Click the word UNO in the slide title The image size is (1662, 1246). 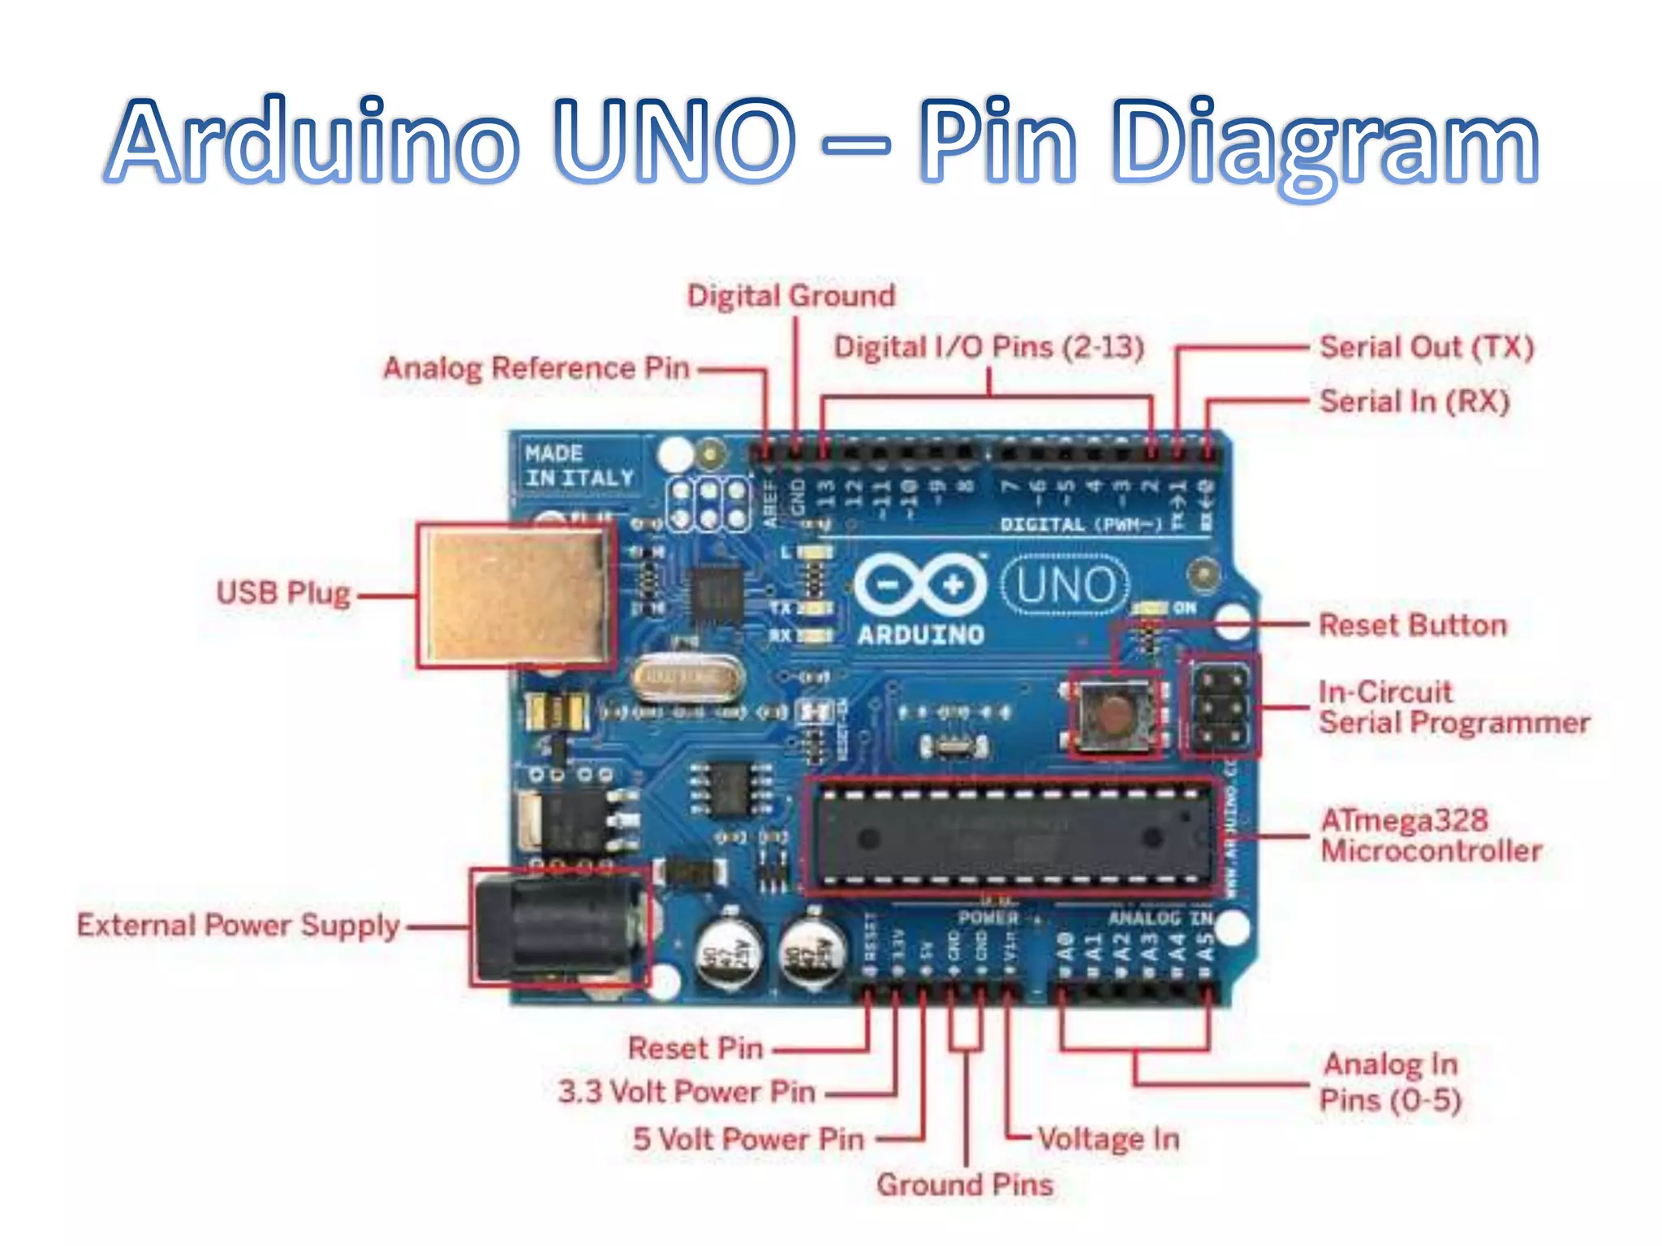tap(674, 140)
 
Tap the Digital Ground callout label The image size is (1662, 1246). tap(791, 296)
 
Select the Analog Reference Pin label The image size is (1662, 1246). tap(536, 368)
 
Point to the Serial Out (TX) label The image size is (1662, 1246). tap(1427, 347)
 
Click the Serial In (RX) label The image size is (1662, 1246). tap(1414, 402)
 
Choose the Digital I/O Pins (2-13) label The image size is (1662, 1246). tap(989, 347)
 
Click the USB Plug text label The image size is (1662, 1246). tap(283, 593)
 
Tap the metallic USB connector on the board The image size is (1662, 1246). tap(516, 595)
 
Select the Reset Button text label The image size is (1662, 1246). tap(1413, 625)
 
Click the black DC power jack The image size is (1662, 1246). tap(560, 929)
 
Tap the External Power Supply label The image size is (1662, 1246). tap(239, 926)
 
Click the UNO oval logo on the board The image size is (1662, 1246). tap(1066, 585)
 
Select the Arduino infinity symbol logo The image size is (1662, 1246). tap(920, 584)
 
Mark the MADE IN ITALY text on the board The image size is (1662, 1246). tap(578, 466)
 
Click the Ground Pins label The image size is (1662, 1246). tap(965, 1185)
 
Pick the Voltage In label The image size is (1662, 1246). tap(1109, 1139)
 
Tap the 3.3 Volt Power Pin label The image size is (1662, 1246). tap(687, 1092)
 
